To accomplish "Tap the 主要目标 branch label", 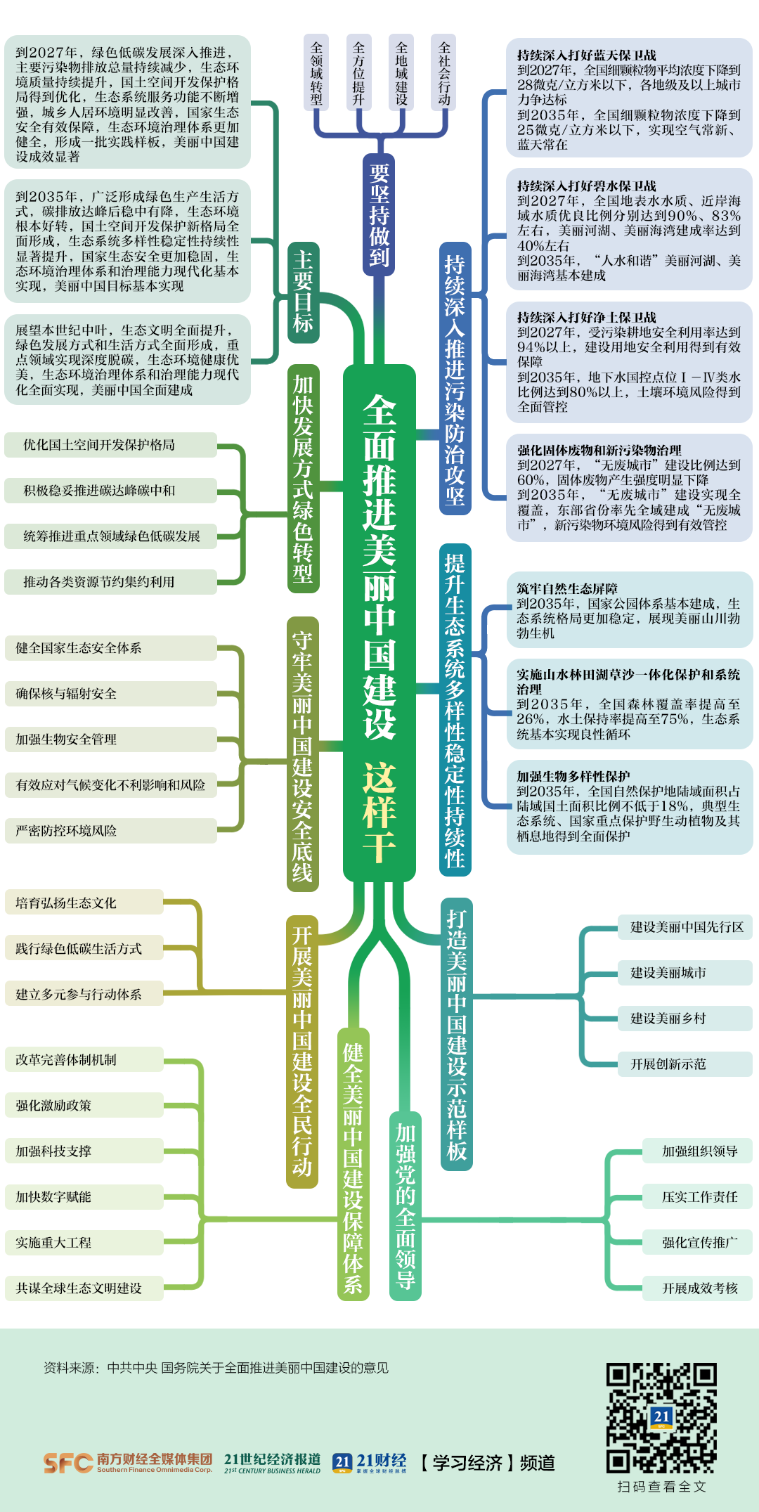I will pyautogui.click(x=303, y=292).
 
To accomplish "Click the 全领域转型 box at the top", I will pyautogui.click(x=317, y=72).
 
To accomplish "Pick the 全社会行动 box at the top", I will pyautogui.click(x=444, y=72).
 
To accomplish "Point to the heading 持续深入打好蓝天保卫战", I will pyautogui.click(x=587, y=55).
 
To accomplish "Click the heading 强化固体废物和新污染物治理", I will pyautogui.click(x=599, y=450).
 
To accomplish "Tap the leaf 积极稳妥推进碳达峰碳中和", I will pyautogui.click(x=99, y=491).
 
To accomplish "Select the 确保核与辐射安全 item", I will pyautogui.click(x=66, y=694).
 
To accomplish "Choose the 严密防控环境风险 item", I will pyautogui.click(x=66, y=831).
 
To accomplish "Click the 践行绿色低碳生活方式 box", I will pyautogui.click(x=79, y=949).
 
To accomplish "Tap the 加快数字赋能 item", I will pyautogui.click(x=53, y=1197).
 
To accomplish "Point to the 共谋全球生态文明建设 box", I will pyautogui.click(x=79, y=1288).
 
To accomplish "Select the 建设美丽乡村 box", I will pyautogui.click(x=668, y=1019).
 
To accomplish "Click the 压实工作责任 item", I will pyautogui.click(x=699, y=1197).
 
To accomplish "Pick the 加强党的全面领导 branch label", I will pyautogui.click(x=406, y=1206).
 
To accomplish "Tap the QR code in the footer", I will pyautogui.click(x=661, y=1418).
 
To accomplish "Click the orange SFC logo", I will pyautogui.click(x=67, y=1463).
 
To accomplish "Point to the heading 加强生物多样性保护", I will pyautogui.click(x=573, y=776).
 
